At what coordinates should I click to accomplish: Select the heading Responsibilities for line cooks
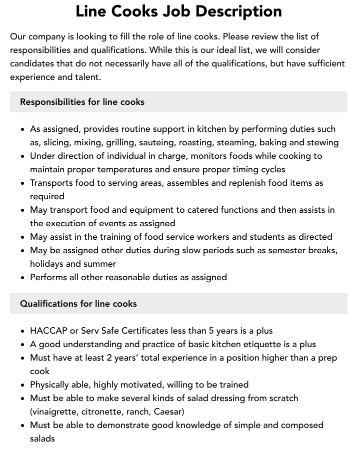tap(82, 102)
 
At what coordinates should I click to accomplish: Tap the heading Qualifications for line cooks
tap(78, 304)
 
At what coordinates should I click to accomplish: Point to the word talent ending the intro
tap(85, 77)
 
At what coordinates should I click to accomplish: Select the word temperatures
tap(125, 169)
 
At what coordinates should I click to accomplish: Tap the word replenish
tap(251, 183)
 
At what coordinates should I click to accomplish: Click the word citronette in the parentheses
tap(103, 412)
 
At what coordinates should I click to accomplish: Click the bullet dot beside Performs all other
tap(22, 278)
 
